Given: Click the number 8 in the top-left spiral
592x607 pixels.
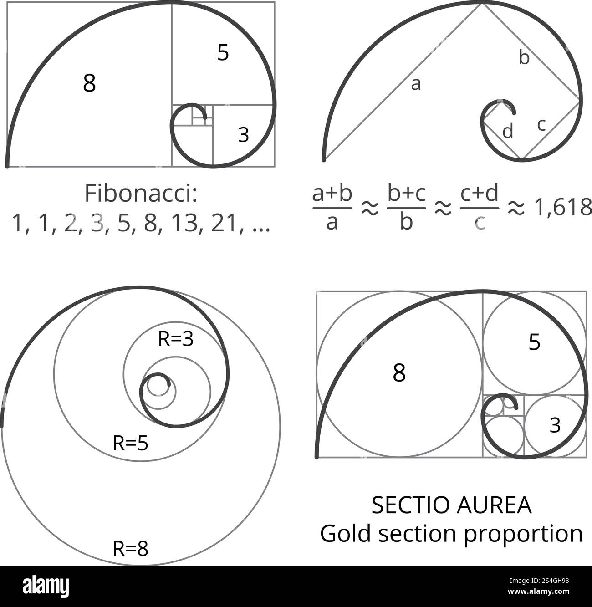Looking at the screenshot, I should tap(89, 83).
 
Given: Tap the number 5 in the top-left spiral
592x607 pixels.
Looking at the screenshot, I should tap(223, 53).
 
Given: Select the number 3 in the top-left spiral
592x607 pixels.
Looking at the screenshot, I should tap(244, 134).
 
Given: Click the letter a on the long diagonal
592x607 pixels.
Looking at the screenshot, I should tap(415, 84).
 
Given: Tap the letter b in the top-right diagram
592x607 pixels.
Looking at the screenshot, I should tap(524, 58).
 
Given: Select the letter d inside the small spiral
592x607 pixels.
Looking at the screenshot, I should tap(508, 132).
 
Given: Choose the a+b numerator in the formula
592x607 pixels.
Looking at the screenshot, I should tap(332, 194).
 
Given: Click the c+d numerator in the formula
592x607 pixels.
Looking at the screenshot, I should tap(479, 194).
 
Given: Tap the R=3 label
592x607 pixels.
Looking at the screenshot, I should tap(175, 339).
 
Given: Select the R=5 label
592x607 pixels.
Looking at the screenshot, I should tap(130, 443).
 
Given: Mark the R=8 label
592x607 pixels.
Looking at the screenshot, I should tap(130, 549).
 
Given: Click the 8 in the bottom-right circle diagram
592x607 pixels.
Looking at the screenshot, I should tap(399, 373).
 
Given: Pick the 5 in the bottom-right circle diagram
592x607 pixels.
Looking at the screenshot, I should tap(534, 342).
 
